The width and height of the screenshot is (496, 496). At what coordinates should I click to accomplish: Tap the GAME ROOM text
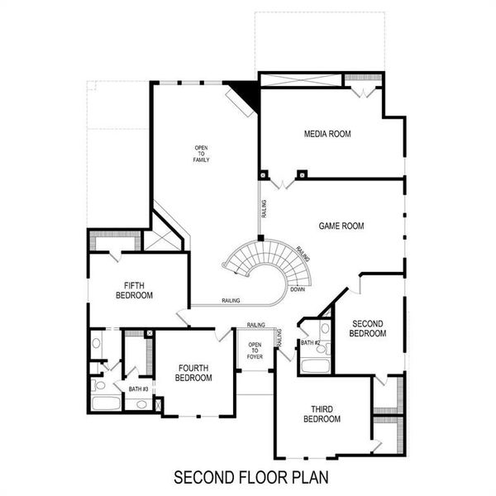coord(341,226)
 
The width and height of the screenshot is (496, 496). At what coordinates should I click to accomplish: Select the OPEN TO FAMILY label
coord(202,154)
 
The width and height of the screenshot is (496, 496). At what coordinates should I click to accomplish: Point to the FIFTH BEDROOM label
coord(133,289)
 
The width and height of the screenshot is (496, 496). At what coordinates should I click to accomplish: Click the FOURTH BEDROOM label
coord(193,373)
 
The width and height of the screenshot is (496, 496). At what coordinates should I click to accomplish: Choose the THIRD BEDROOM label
coord(322,414)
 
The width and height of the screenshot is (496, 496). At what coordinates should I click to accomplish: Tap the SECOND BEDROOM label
coord(369,328)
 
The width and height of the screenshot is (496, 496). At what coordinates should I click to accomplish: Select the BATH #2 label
coord(310,342)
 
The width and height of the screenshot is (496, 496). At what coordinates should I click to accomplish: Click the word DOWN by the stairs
coord(298,289)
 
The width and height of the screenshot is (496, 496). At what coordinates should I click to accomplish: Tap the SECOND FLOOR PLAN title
coord(250,477)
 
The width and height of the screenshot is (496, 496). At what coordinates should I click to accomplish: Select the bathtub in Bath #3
coord(106,404)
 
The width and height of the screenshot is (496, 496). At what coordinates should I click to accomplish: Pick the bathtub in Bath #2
coord(314,365)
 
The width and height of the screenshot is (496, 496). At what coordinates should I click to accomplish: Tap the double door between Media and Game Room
coord(283,181)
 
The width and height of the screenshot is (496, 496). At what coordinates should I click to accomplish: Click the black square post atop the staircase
coord(260,238)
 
